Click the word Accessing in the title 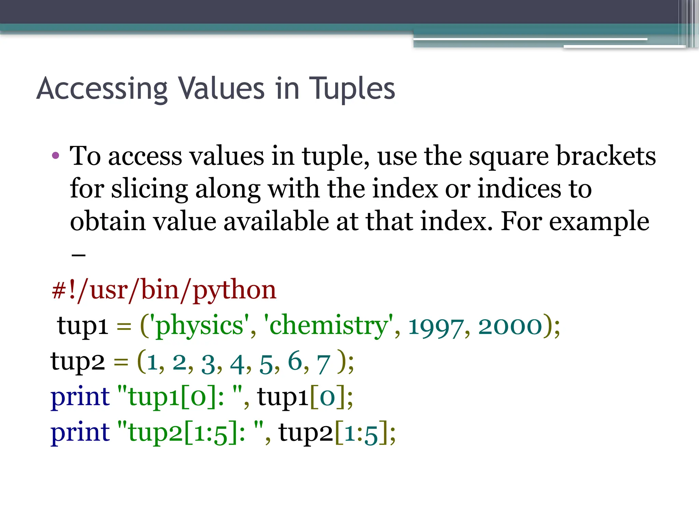click(x=102, y=89)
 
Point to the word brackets click(x=606, y=156)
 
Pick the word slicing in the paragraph click(x=149, y=189)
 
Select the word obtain click(x=108, y=221)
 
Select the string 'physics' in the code click(x=200, y=326)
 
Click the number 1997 click(x=436, y=327)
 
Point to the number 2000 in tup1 click(x=510, y=326)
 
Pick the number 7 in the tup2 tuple click(x=323, y=364)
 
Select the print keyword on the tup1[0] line click(x=80, y=397)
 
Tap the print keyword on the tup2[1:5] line click(x=80, y=433)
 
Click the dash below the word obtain click(x=79, y=255)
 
